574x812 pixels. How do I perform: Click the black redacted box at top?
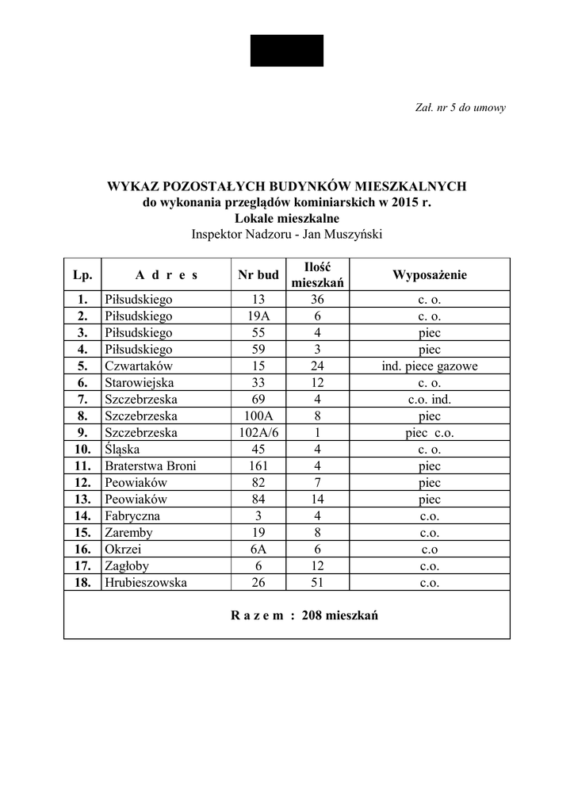click(x=287, y=51)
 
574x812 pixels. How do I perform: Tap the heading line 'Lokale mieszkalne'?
click(x=287, y=218)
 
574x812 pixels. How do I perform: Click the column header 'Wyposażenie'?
click(x=429, y=275)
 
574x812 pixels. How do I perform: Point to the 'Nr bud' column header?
click(x=258, y=275)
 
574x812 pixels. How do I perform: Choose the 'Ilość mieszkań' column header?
click(x=317, y=275)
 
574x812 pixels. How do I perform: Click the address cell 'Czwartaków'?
click(x=138, y=366)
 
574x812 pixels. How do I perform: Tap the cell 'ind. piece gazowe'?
click(x=429, y=366)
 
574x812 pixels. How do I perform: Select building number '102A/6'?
click(x=258, y=433)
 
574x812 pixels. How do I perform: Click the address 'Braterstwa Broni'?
click(x=150, y=466)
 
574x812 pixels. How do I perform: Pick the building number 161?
click(x=258, y=466)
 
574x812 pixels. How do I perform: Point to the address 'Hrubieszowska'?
click(x=145, y=583)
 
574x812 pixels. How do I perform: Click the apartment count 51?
click(x=317, y=583)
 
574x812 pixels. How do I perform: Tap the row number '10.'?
click(x=82, y=450)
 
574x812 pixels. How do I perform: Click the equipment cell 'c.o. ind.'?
click(x=429, y=400)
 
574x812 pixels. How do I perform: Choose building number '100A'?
click(x=258, y=416)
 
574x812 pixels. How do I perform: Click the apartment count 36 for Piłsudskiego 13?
click(x=317, y=300)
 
